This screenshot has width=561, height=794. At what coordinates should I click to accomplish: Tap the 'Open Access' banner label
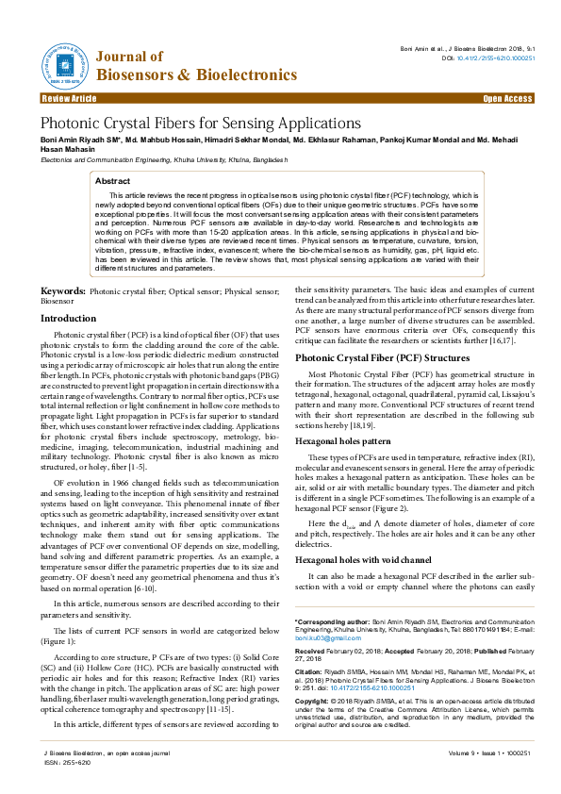coord(507,98)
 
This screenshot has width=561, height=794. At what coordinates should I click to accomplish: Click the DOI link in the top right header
coord(496,58)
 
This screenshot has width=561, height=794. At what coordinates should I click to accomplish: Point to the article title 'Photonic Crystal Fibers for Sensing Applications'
coord(200,124)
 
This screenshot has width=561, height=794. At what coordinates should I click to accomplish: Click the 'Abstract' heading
coord(113,179)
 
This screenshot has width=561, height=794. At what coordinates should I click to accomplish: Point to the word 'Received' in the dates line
coord(311,651)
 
